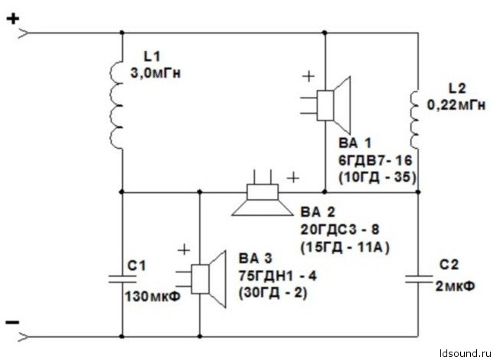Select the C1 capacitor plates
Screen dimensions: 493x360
122,279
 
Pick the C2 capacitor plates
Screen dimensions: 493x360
418,278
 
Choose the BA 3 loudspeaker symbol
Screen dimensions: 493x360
201,279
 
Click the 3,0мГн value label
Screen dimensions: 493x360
156,74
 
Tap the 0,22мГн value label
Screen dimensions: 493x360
456,105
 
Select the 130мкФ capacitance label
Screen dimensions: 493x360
153,297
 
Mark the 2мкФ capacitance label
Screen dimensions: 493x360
455,286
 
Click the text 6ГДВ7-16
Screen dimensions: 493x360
375,160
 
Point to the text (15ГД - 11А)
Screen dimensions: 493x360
345,248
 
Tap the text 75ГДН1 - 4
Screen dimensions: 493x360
278,276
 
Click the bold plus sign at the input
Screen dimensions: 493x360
13,19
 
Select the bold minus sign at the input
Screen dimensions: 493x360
13,323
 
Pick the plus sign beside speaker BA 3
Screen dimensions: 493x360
184,250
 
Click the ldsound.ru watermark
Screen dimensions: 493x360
465,353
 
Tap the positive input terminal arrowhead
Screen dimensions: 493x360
23,33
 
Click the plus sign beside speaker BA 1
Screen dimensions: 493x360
308,76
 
